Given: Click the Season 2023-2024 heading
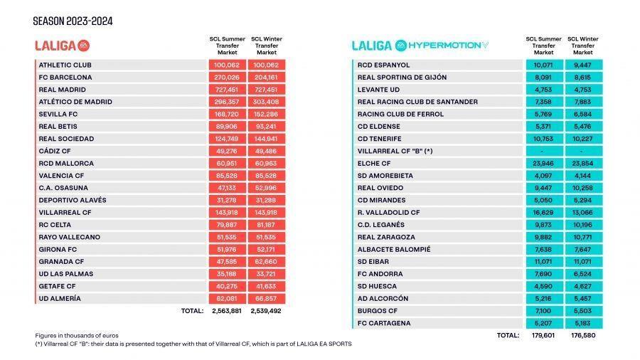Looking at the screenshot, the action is coord(73,21).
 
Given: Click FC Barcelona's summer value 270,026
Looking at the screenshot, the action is coord(227,77).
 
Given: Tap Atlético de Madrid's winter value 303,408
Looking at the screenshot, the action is coord(266,102).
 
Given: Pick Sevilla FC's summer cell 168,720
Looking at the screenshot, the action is coord(227,114).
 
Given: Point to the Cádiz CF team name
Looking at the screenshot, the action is coord(55,151).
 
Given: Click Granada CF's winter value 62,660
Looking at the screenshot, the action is coord(266,262).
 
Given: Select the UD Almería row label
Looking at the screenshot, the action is coord(60,298).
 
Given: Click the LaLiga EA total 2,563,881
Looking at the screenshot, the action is coord(227,311).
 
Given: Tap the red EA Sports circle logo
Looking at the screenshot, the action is coord(83,46).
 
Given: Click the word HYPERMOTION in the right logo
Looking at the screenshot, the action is coord(444,46).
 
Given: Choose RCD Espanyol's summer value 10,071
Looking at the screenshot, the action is coord(543,65).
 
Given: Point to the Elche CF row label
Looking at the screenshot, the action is coord(374,163).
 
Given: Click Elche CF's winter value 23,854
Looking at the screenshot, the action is coord(582,163).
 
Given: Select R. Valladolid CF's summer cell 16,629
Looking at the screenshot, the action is coord(543,212).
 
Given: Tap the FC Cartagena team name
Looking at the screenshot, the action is coord(384,323).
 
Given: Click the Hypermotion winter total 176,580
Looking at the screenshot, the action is coord(582,335).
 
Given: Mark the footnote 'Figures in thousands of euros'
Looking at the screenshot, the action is coord(77,336).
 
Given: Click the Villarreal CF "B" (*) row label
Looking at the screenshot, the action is coord(395,151).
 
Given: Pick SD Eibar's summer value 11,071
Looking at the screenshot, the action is coord(543,262).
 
